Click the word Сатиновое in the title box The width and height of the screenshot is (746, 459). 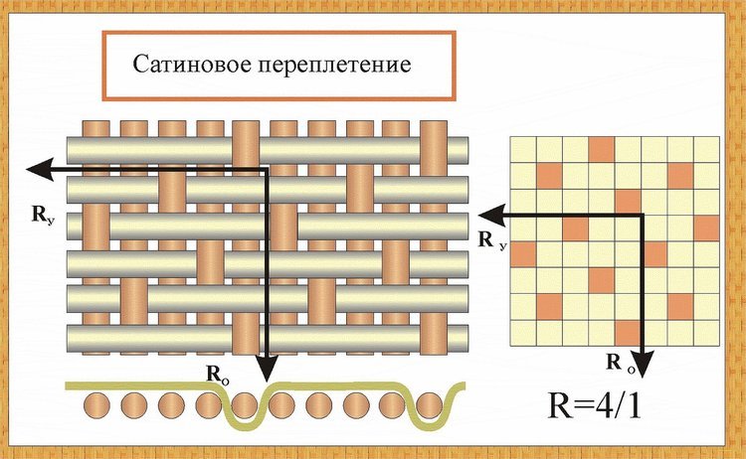point(191,64)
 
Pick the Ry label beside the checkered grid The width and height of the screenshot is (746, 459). point(492,240)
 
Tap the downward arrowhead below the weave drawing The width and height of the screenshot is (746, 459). point(267,369)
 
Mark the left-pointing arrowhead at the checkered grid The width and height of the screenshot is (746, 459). point(491,216)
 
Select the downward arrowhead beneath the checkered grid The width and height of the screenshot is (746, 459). point(644,364)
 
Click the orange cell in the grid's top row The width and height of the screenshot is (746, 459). point(602,150)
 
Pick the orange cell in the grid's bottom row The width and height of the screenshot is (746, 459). point(628,333)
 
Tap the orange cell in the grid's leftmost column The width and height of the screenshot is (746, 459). point(523,254)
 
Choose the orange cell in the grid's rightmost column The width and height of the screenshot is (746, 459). point(706,229)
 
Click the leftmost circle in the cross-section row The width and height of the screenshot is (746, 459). point(97,406)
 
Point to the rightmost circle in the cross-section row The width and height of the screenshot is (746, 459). point(430,405)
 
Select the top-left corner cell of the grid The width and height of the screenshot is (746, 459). point(523,150)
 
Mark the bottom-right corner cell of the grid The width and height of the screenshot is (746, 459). point(706,333)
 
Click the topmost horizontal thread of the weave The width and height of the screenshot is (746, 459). point(268,151)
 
